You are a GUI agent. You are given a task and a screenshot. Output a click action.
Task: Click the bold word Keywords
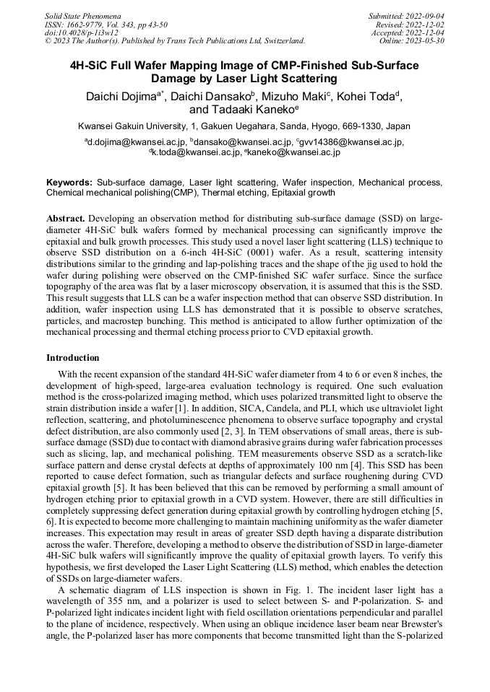[69, 183]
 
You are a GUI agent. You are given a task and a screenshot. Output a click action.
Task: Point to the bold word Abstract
[66, 217]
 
